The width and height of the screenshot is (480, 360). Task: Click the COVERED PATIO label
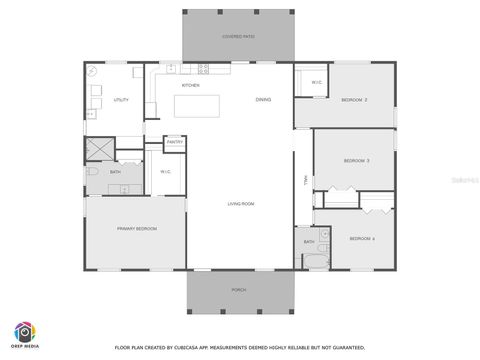(x=238, y=37)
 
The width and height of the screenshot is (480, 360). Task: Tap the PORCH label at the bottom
(x=238, y=289)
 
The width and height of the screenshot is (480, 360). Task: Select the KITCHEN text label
(x=190, y=86)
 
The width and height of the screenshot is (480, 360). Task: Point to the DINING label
(x=263, y=100)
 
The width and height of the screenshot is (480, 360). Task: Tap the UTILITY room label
(x=120, y=100)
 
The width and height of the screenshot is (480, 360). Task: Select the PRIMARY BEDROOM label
(x=136, y=229)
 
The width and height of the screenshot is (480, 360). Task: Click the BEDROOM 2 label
(x=354, y=100)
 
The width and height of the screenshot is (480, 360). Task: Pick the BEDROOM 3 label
(x=356, y=160)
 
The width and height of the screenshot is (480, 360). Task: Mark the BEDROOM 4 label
(x=361, y=238)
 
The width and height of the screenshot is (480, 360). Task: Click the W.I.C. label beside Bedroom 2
(x=315, y=82)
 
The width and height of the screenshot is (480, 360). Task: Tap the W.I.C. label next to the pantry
(x=166, y=172)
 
